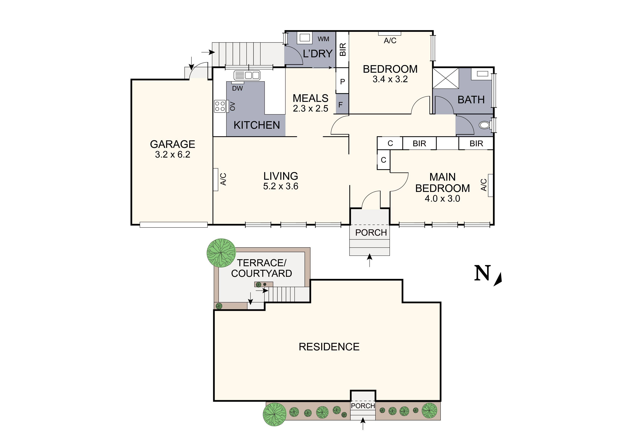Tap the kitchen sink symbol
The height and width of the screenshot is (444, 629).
click(x=247, y=75)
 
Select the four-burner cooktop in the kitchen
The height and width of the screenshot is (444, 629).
click(x=220, y=106)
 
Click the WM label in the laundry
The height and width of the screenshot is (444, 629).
click(x=323, y=39)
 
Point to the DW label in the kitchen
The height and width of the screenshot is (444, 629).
click(x=237, y=88)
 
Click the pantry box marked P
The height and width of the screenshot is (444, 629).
click(x=342, y=81)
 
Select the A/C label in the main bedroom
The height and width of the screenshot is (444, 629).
click(x=484, y=185)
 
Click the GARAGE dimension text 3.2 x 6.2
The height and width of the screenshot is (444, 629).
click(x=173, y=155)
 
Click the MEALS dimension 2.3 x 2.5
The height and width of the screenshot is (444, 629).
click(x=310, y=109)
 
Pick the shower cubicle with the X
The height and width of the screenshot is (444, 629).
click(x=445, y=79)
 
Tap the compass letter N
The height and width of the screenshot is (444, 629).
click(x=482, y=273)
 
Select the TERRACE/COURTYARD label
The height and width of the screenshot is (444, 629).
click(x=261, y=268)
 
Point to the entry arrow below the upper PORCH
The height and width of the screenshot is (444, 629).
click(x=370, y=260)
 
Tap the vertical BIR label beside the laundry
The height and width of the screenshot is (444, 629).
click(x=343, y=50)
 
